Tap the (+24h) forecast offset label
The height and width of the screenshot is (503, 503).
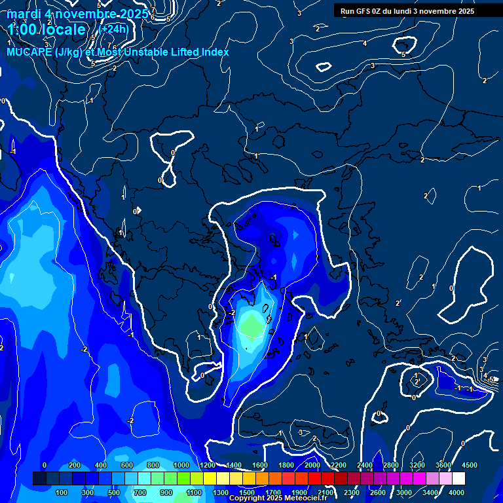pos(114,29)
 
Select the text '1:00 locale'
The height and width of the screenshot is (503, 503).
pos(47,29)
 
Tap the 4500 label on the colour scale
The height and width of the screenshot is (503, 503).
pos(469,465)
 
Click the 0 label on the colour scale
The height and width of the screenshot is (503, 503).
pos(45,465)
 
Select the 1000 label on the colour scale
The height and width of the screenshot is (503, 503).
pos(180,465)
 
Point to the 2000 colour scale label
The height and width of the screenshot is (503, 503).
pos(312,465)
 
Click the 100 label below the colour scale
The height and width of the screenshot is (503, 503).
pos(62,493)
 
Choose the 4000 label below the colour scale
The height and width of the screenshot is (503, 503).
pos(456,493)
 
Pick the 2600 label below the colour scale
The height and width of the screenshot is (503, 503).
pos(378,493)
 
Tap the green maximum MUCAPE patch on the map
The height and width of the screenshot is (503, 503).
pos(251,324)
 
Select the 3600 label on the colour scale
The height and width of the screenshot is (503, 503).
pos(443,465)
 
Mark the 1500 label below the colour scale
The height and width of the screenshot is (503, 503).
pos(246,493)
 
